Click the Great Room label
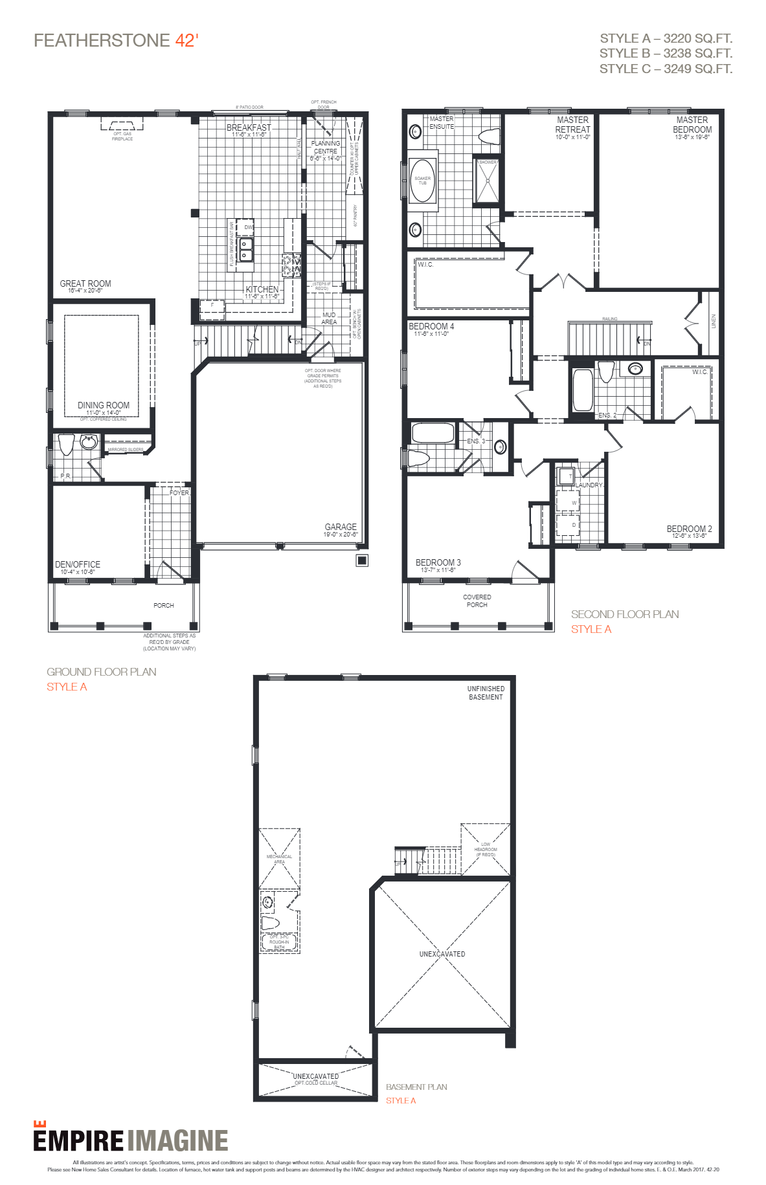85,283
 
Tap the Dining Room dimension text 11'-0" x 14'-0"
104,413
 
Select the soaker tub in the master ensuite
422,181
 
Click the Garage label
341,527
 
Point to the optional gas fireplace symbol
122,125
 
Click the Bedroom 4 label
431,326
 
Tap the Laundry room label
589,485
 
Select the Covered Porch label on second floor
477,601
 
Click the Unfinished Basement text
486,692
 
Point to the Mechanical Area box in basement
279,858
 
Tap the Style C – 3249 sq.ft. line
666,69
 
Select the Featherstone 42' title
116,40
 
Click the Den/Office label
78,564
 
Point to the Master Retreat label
572,124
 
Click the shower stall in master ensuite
488,181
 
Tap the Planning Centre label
325,147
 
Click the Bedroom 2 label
689,529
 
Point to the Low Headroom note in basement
486,848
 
